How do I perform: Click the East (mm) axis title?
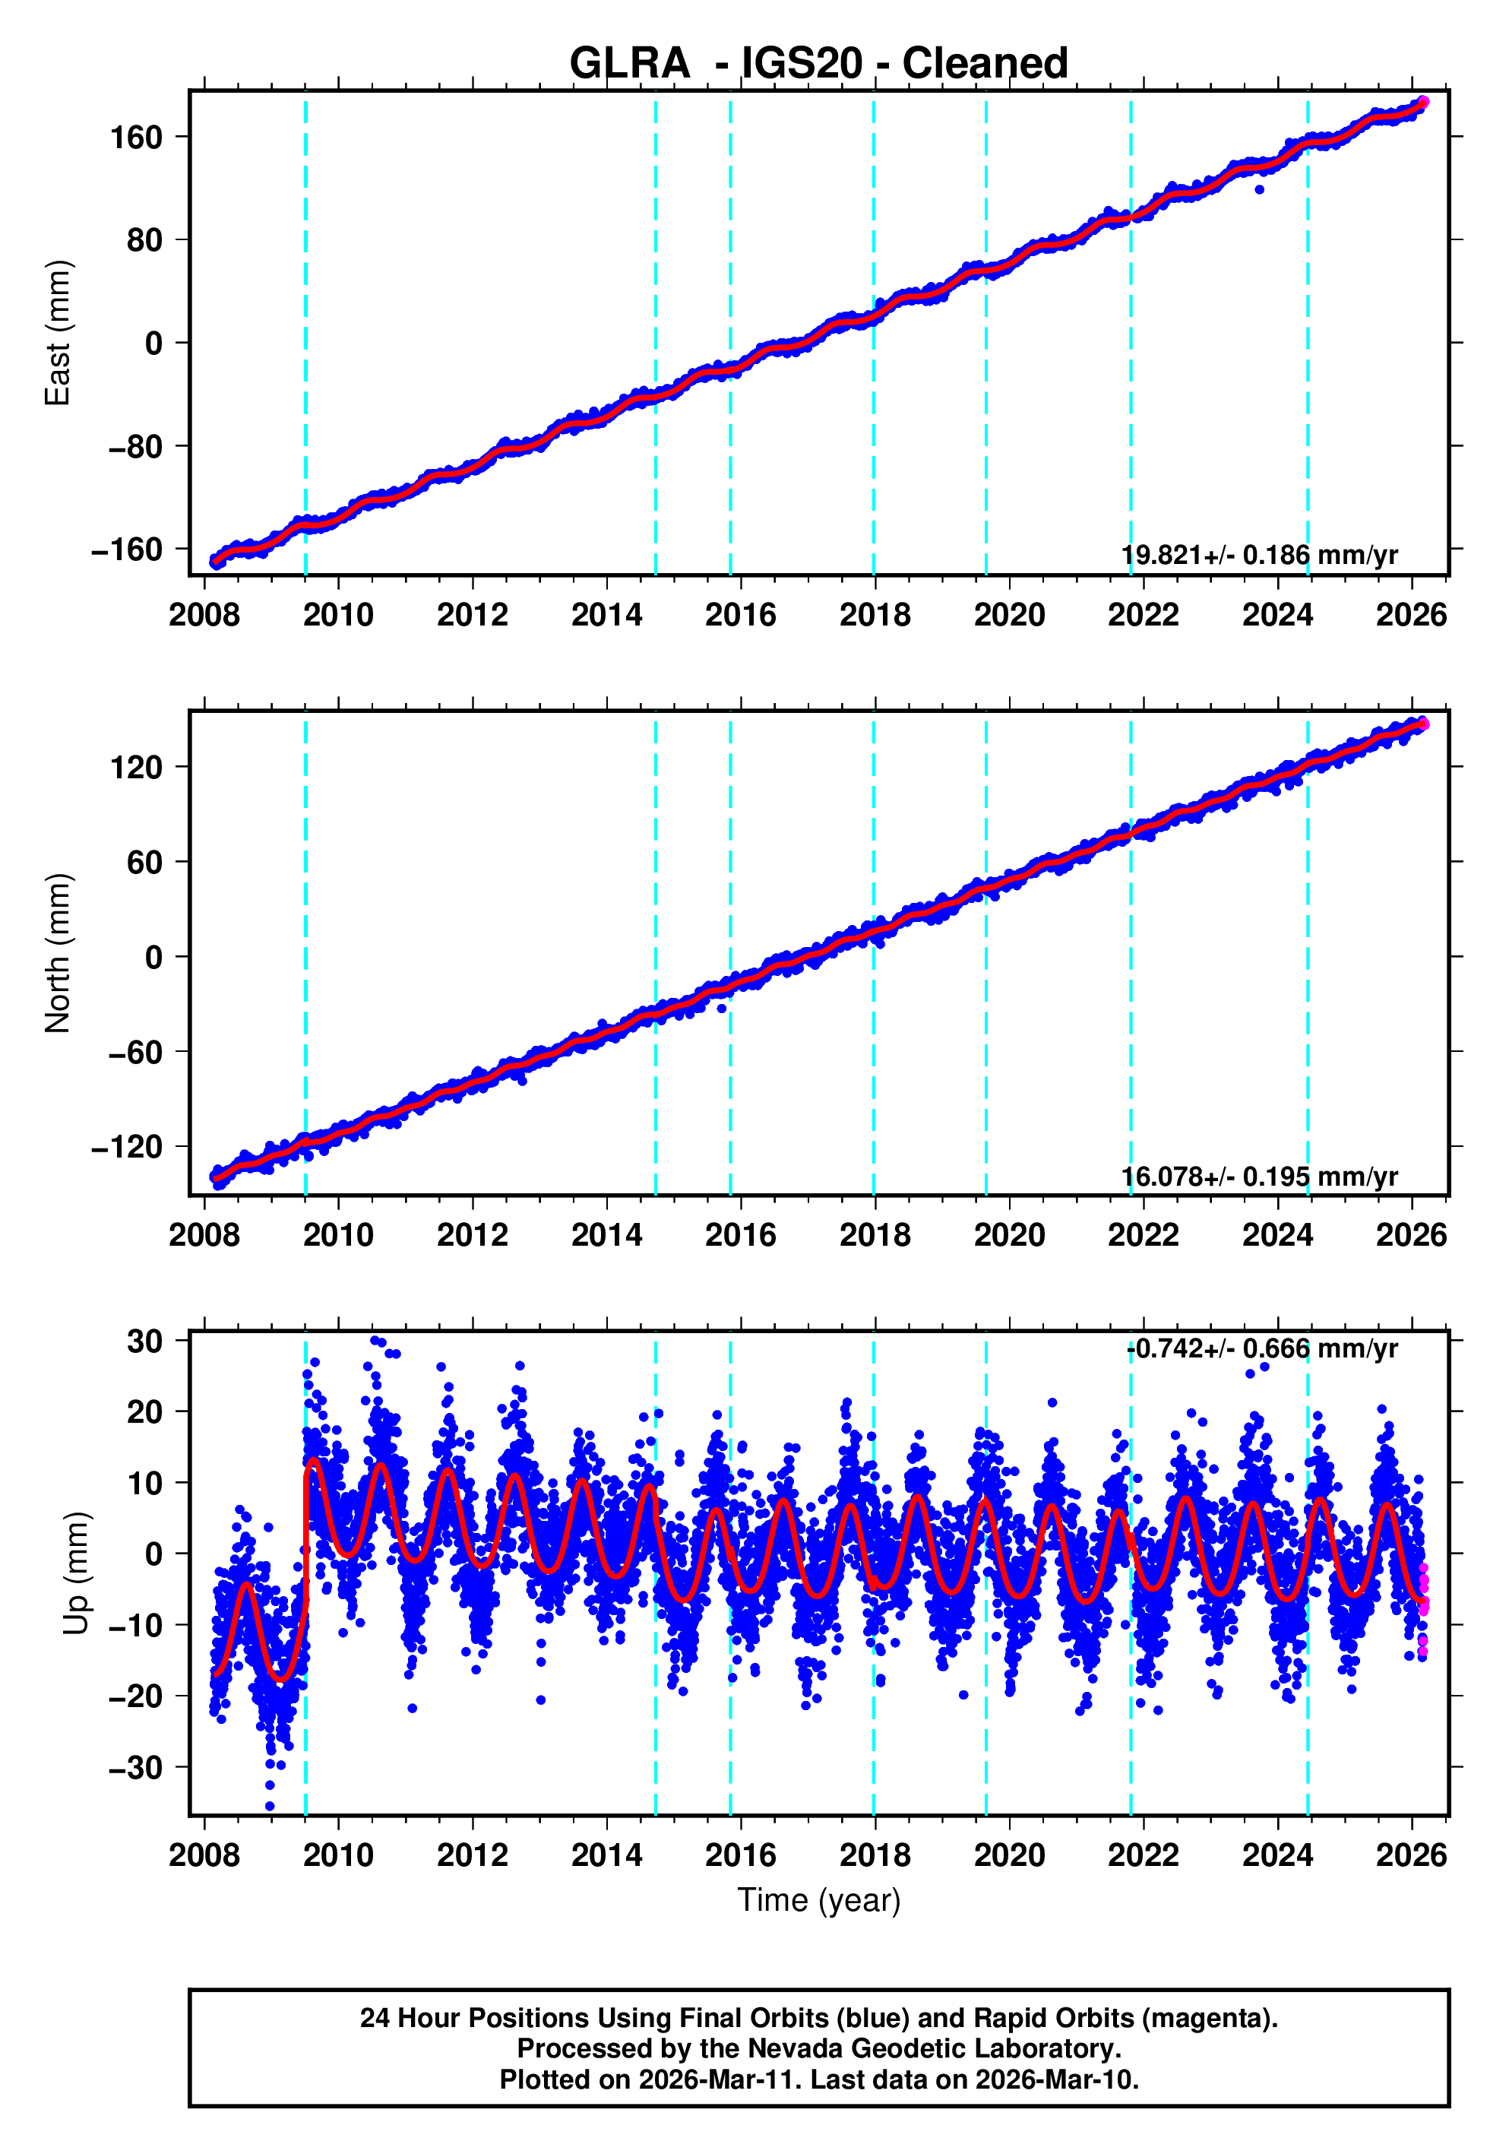59,333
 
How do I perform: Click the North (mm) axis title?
59,953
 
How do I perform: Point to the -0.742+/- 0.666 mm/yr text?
1261,1349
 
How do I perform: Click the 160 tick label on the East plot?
136,138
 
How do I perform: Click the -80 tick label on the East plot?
136,447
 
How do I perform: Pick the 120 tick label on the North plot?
136,768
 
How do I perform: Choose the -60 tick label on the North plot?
136,1053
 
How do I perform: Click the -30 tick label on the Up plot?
136,1767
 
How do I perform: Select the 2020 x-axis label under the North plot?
1009,1236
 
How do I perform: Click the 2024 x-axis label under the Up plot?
1277,1855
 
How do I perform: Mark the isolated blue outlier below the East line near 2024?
1260,189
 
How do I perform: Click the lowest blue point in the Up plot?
270,1806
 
